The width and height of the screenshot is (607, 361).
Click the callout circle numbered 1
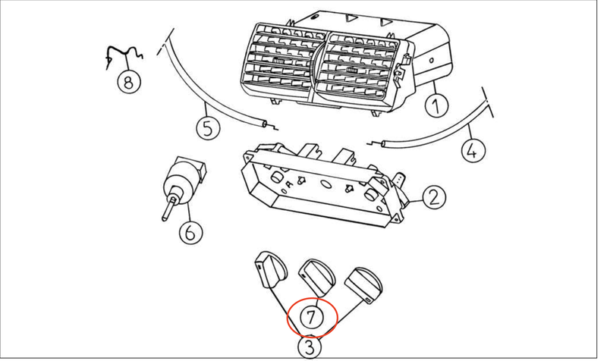pos(434,105)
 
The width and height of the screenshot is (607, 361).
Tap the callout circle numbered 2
pos(432,199)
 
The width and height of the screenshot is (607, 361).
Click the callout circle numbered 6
pos(190,231)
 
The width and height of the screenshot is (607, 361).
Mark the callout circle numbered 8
pos(128,80)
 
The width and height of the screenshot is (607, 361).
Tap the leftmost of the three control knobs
pos(270,269)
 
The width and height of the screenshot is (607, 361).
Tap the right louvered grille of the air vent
pos(360,68)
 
